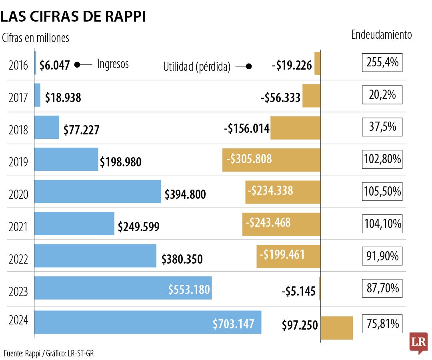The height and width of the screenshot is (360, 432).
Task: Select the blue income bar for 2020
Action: pyautogui.click(x=98, y=192)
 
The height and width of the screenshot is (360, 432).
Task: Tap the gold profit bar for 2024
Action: pyautogui.click(x=337, y=328)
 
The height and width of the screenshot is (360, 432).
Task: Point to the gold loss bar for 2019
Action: pyautogui.click(x=272, y=160)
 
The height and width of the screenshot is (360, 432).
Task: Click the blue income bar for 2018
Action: pyautogui.click(x=47, y=127)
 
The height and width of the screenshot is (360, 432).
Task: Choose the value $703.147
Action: pyautogui.click(x=233, y=324)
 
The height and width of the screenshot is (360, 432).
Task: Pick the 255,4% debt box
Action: pyautogui.click(x=382, y=63)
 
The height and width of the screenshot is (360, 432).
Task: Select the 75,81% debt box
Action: pyautogui.click(x=382, y=323)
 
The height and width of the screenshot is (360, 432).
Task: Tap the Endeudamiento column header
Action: pyautogui.click(x=381, y=35)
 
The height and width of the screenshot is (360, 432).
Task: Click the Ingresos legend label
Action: pyautogui.click(x=113, y=64)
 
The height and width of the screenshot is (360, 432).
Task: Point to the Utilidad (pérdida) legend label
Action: pyautogui.click(x=196, y=67)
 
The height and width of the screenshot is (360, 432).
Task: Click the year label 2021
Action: pyautogui.click(x=18, y=227)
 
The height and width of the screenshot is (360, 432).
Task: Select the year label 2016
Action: pyautogui.click(x=18, y=66)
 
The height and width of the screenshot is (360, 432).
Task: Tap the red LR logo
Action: pyautogui.click(x=418, y=343)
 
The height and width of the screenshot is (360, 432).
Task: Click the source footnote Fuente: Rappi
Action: pyautogui.click(x=49, y=353)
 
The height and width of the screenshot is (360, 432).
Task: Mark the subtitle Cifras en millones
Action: pyautogui.click(x=36, y=38)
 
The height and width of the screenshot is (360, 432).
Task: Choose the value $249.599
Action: pyautogui.click(x=138, y=227)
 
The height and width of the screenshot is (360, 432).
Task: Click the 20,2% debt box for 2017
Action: pyautogui.click(x=382, y=95)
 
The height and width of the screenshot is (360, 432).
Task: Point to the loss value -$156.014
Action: pyautogui.click(x=246, y=129)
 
